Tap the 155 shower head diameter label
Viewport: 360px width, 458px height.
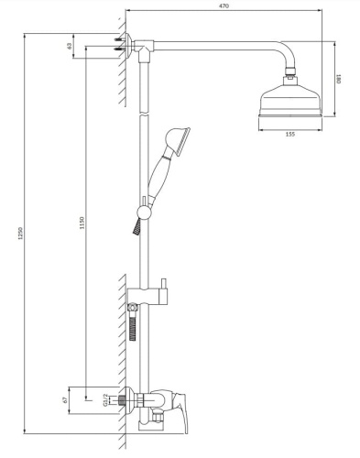point(289,135)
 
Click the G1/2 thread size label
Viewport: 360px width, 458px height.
point(106,399)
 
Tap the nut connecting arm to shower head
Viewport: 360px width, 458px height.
point(290,72)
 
